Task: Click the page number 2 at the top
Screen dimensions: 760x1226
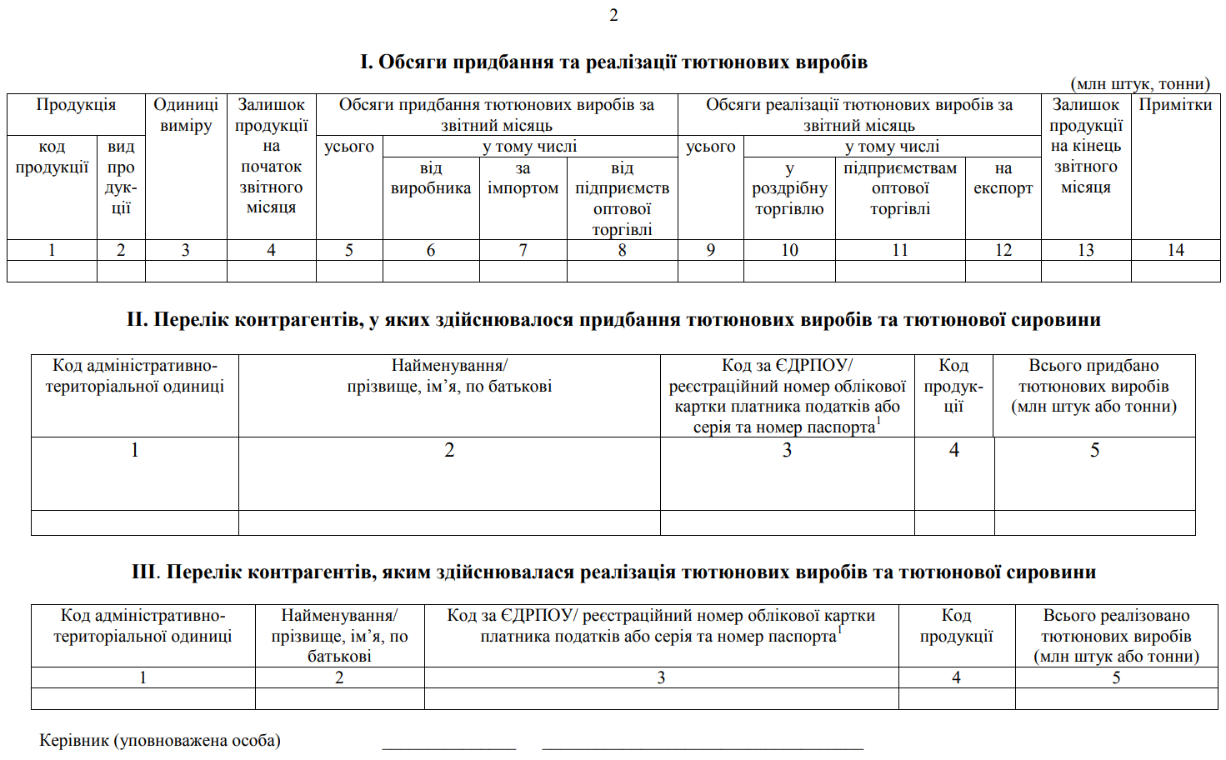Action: [x=613, y=15]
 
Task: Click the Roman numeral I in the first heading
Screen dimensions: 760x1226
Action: [x=365, y=62]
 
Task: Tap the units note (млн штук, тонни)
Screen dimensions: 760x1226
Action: [x=1139, y=84]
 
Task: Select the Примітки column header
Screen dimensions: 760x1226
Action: [x=1175, y=105]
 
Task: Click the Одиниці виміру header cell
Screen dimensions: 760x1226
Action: [x=186, y=115]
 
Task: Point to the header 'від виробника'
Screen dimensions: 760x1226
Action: [x=431, y=178]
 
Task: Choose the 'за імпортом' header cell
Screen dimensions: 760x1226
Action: [x=523, y=178]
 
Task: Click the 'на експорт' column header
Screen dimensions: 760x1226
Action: [x=1003, y=178]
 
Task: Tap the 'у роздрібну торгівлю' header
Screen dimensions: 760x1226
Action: [x=789, y=188]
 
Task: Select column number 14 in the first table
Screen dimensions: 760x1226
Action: [x=1175, y=250]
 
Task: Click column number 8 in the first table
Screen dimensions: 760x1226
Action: [x=622, y=250]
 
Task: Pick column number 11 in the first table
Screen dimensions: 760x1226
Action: [x=900, y=250]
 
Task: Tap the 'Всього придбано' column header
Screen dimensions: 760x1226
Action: [x=1093, y=386]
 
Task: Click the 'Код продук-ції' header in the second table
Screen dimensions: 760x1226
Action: [x=953, y=386]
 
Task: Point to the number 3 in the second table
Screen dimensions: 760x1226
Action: [x=787, y=451]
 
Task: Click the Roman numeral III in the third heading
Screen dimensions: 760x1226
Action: [x=144, y=572]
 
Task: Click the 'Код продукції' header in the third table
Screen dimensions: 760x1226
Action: [x=956, y=626]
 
